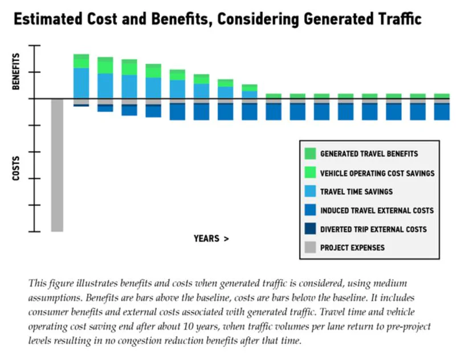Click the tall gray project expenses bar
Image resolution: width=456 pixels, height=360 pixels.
point(57,165)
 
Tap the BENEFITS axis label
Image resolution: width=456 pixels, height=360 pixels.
point(16,71)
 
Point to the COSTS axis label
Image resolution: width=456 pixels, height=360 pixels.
point(16,168)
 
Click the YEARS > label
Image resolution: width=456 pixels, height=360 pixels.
point(211,239)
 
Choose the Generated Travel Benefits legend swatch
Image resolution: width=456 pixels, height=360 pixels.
point(310,154)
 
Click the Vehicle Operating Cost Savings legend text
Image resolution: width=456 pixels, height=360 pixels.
point(377,174)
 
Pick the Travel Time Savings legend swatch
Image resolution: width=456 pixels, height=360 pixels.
point(310,191)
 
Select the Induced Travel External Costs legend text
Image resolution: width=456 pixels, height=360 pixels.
point(377,210)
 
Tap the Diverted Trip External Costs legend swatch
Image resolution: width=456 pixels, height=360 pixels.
point(310,228)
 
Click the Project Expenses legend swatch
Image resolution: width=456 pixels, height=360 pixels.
point(310,247)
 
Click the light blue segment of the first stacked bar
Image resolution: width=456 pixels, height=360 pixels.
point(81,83)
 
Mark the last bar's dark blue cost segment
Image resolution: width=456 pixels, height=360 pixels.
point(442,112)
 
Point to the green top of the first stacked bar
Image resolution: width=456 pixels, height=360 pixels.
point(81,61)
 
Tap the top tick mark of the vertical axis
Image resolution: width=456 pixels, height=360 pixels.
point(34,46)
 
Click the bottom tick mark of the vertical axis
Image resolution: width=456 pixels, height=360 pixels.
point(34,232)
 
